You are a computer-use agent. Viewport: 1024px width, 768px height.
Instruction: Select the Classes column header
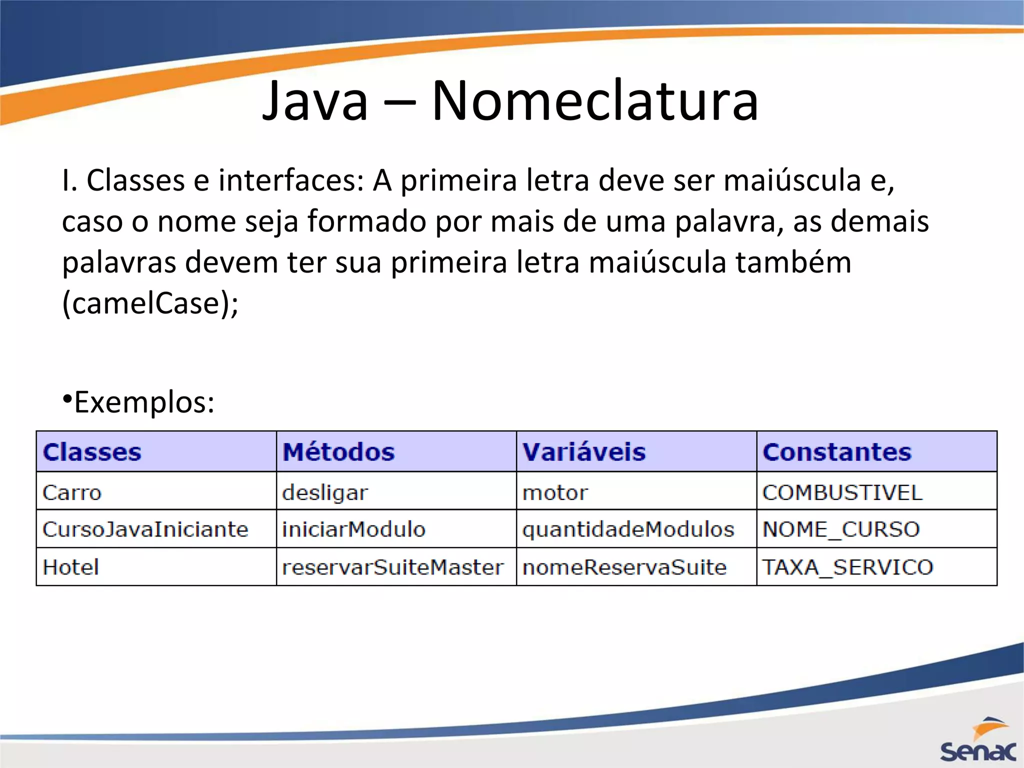pos(92,452)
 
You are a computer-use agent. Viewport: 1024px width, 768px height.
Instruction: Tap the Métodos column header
pos(338,452)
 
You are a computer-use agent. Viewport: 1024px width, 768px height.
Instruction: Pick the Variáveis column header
pos(584,452)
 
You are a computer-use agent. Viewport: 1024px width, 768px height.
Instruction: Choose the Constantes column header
pos(837,452)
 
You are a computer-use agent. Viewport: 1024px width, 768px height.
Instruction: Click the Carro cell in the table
pos(72,492)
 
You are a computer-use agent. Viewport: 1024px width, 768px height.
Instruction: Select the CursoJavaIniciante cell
pos(145,529)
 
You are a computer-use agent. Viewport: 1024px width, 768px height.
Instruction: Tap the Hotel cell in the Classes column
pos(71,567)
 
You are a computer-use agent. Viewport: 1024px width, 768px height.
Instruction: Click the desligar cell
pos(325,493)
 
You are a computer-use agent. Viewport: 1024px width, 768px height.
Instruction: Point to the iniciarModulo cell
pos(353,529)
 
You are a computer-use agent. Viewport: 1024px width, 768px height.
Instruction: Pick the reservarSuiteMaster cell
pos(392,567)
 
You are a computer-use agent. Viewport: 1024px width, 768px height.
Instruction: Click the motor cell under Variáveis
pos(555,493)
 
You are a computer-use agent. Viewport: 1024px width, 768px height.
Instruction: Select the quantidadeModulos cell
pos(628,529)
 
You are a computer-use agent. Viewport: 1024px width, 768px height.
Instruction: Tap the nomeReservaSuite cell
pos(624,567)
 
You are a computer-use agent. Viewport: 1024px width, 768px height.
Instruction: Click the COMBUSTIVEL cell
pos(842,492)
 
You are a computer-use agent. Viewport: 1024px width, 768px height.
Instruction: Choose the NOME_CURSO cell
pos(841,529)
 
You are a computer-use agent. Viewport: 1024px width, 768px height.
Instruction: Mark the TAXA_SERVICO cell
pos(847,567)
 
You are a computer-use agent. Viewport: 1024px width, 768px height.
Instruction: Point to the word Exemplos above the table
pos(144,402)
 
